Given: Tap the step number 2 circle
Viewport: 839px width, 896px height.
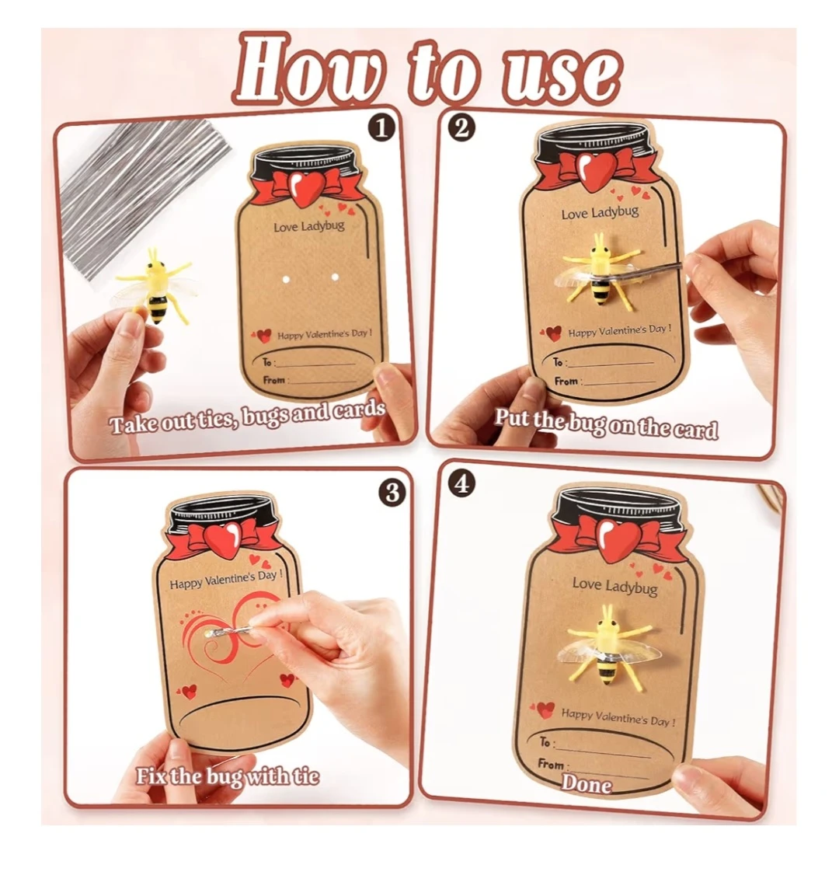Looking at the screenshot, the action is coord(461,127).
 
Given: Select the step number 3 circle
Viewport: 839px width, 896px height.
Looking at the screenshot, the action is coord(392,492).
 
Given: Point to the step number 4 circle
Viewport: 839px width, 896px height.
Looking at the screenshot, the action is coord(461,483).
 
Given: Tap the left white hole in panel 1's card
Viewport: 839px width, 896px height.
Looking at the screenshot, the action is coord(286,279).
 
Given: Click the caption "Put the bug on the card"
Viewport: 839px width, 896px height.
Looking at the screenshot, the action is coord(606,423).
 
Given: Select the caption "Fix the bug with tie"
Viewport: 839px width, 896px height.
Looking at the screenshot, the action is coord(228,776).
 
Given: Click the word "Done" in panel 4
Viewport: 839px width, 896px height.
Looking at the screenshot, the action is coord(587,783).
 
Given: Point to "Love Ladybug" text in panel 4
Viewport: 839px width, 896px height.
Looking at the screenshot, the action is coord(614,585).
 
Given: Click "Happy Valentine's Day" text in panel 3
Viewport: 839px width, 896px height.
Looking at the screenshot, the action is coord(226,579).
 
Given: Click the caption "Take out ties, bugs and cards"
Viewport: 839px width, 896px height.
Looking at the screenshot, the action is coord(248,417).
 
